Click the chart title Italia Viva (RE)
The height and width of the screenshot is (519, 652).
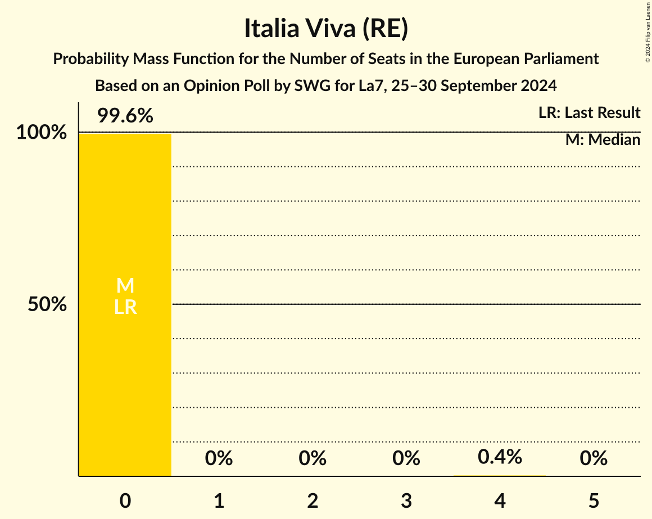tap(325, 29)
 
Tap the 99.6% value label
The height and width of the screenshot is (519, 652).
tap(125, 116)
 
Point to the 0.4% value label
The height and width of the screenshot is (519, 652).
tap(500, 457)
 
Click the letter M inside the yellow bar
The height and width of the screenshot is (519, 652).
tap(125, 286)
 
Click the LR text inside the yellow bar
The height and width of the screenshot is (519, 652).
tap(125, 307)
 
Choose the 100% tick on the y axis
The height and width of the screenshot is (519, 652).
tap(41, 133)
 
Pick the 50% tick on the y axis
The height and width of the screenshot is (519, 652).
tap(47, 304)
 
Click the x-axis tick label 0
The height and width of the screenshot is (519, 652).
tap(125, 500)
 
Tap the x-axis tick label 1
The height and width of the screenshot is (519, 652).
tap(219, 500)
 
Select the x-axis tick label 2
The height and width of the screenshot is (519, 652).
tap(313, 500)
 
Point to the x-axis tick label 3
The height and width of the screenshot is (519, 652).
tap(406, 500)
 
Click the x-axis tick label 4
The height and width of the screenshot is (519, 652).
tap(500, 500)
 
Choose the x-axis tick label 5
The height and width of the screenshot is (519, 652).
tap(594, 500)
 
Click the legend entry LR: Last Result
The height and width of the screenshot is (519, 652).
tap(589, 113)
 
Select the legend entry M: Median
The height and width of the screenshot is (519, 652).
tap(603, 140)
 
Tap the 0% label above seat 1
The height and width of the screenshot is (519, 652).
tap(219, 458)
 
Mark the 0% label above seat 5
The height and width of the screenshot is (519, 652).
tap(594, 458)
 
